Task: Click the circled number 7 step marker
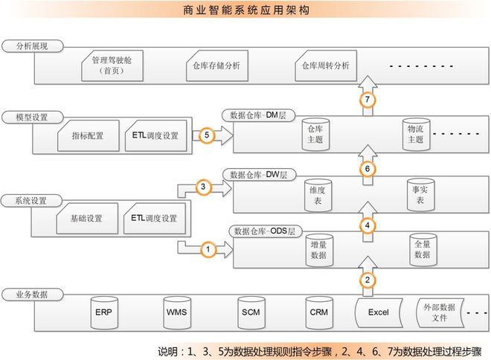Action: click(x=368, y=99)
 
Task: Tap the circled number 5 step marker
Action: click(x=208, y=135)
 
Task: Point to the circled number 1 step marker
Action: click(x=209, y=250)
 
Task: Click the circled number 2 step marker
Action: click(x=368, y=280)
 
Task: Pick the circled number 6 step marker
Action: click(x=368, y=169)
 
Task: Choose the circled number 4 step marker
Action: click(x=368, y=224)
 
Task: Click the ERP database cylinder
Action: click(x=103, y=311)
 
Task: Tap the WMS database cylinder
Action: click(x=176, y=311)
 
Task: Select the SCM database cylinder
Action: click(x=249, y=311)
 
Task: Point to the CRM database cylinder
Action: click(x=318, y=311)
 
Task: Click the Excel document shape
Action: click(x=378, y=312)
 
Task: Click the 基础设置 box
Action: click(x=86, y=219)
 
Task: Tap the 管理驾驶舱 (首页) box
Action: click(x=110, y=65)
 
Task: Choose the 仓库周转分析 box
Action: click(x=326, y=65)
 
